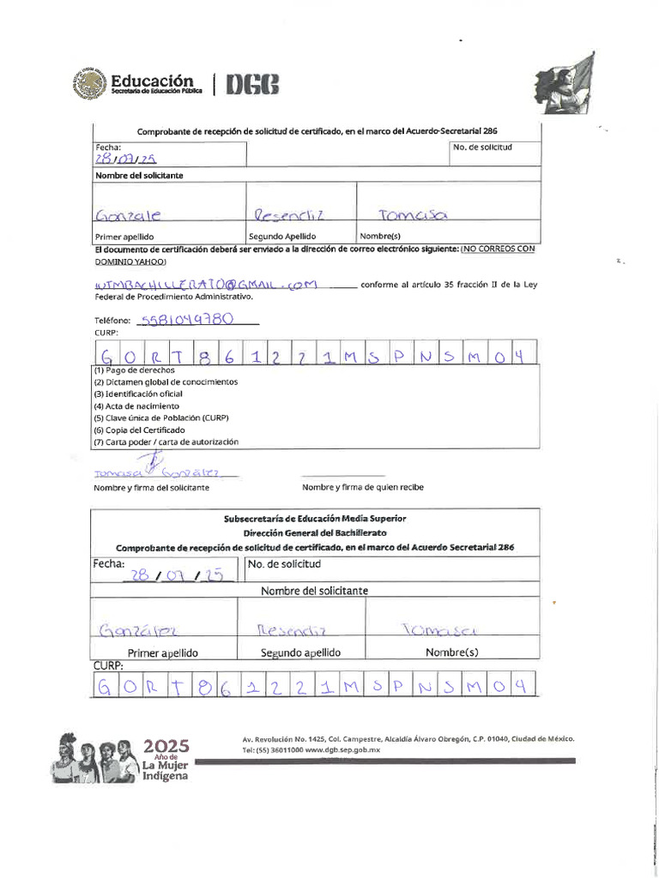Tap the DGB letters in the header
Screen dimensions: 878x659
252,84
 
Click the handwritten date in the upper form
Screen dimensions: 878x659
125,159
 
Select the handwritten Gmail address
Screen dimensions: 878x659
206,284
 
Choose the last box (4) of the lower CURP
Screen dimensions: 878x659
519,686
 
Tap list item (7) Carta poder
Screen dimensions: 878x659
166,442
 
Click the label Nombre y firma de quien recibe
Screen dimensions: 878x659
362,488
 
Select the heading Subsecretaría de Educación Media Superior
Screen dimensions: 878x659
315,519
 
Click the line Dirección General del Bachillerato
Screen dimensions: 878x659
315,532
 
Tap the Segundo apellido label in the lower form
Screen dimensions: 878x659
300,652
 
